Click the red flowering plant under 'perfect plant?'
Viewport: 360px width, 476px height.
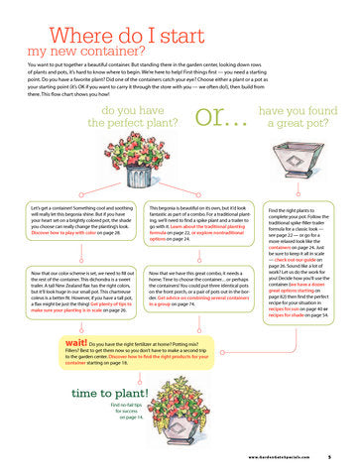tap(144, 160)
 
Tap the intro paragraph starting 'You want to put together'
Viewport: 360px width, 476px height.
tap(180, 77)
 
